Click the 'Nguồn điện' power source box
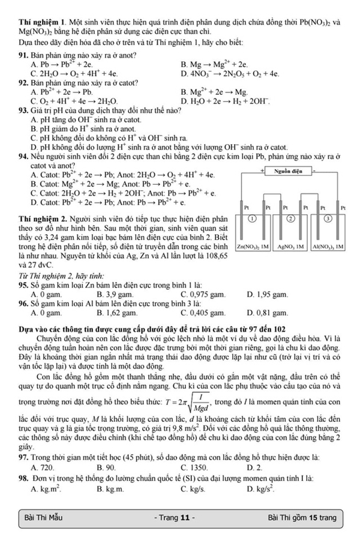(x=289, y=172)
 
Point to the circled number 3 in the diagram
(x=327, y=219)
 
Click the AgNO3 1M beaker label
(x=289, y=247)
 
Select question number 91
(x=25, y=56)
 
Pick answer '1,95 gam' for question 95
(x=270, y=295)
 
